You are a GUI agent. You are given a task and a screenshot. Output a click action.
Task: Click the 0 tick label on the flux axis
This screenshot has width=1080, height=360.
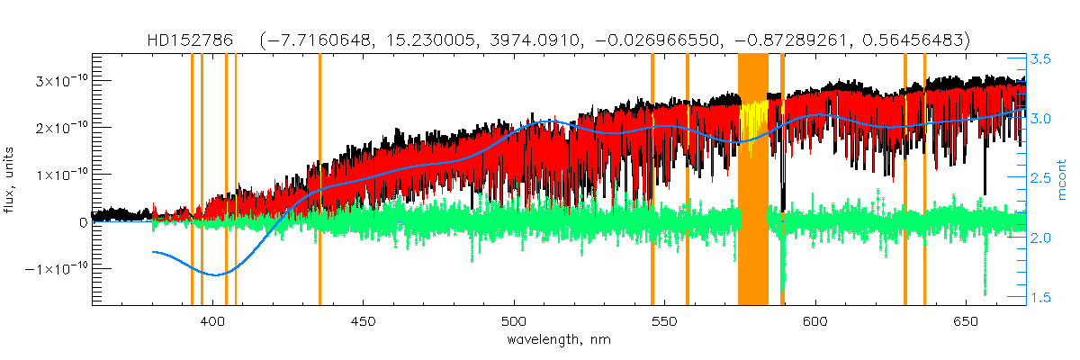(84, 221)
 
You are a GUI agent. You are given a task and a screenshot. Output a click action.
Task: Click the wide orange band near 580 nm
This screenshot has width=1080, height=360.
(752, 180)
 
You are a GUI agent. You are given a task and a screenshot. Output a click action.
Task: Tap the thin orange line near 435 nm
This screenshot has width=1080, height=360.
(319, 180)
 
